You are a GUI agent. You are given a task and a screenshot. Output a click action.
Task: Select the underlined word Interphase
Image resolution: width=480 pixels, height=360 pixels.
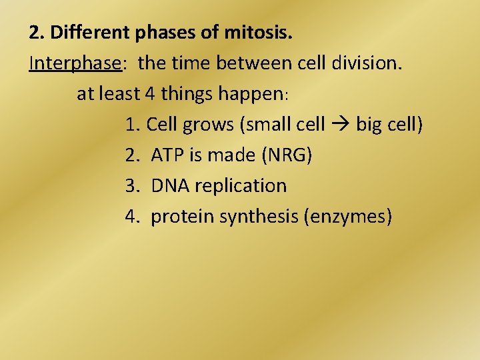coord(75,63)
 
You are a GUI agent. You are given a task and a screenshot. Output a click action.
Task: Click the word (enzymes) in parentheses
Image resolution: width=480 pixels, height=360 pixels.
coord(347,217)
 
